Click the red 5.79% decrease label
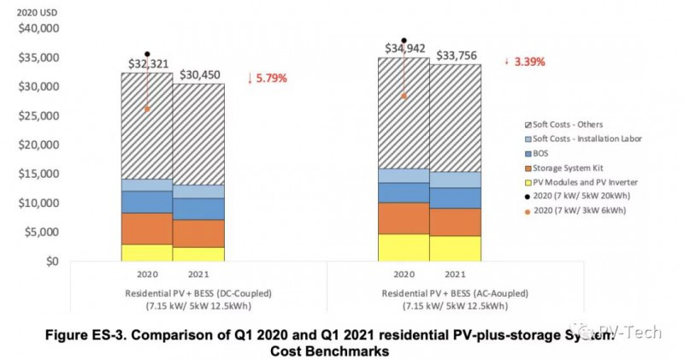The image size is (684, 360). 267,78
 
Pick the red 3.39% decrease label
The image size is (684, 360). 525,62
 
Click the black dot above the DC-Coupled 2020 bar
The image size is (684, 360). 147,54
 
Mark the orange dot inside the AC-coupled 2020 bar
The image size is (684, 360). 404,96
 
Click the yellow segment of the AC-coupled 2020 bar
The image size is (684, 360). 404,247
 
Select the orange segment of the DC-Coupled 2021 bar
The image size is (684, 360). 199,233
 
